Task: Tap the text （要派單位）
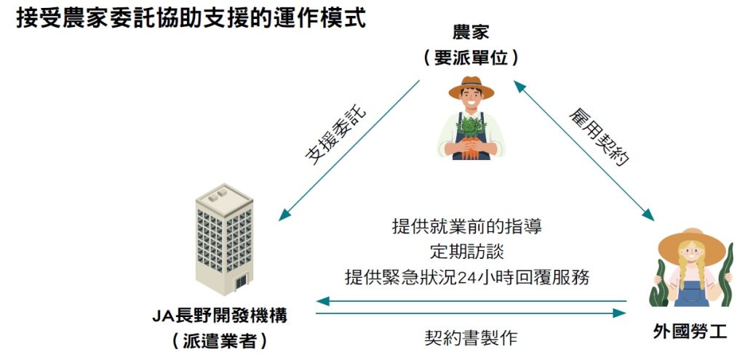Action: coord(471,58)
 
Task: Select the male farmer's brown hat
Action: coord(471,87)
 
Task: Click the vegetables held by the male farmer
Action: coord(470,135)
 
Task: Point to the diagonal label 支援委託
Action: coord(335,136)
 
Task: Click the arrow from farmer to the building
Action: coord(349,151)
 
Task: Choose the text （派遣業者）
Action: coord(219,340)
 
